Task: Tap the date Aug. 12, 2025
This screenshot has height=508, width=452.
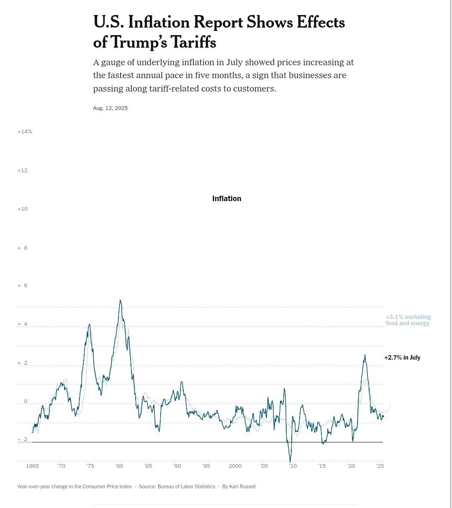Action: coord(110,108)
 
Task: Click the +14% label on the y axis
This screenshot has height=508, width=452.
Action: coord(25,132)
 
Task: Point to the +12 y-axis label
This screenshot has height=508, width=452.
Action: coord(23,171)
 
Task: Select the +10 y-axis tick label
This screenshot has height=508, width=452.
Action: coord(23,209)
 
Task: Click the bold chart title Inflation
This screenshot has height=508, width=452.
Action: coord(226,199)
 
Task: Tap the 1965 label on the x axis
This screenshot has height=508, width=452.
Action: coord(32,466)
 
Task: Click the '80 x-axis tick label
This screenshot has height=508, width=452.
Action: coord(119,466)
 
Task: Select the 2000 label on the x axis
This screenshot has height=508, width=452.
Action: coord(235,466)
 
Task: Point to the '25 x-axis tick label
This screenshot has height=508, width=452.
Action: coord(380,466)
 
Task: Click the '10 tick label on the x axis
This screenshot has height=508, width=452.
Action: coord(293,466)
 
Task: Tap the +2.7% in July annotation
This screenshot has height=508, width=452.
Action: coord(402,357)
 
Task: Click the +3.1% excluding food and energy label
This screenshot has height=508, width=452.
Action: coord(408,320)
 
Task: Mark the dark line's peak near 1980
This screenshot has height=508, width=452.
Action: coord(120,300)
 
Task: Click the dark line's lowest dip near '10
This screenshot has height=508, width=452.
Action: coord(290,462)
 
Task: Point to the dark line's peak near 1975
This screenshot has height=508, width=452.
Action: coord(89,324)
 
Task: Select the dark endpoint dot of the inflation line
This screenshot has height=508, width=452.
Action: coord(383,416)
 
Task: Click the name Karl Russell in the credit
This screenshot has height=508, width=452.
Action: coord(242,487)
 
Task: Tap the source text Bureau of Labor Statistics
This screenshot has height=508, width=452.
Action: coord(186,487)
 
